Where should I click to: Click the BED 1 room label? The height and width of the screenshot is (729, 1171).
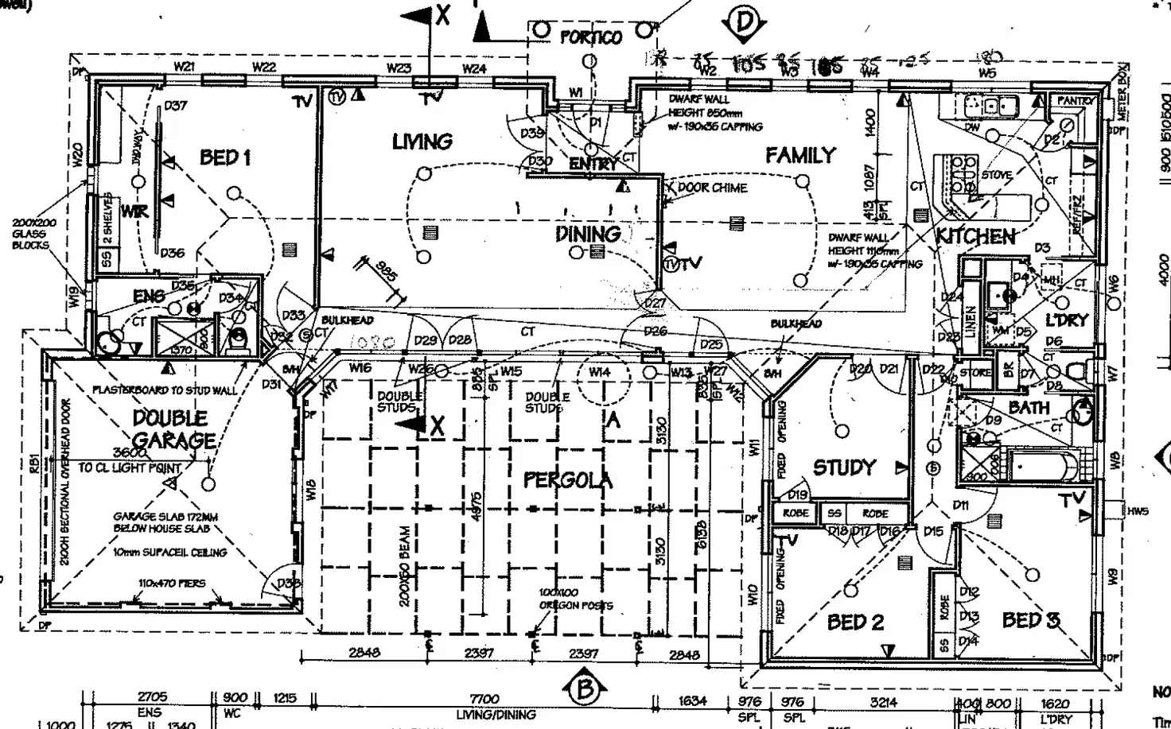(x=225, y=157)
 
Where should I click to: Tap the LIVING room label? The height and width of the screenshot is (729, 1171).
(x=422, y=142)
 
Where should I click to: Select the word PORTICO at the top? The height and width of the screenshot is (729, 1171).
(x=591, y=37)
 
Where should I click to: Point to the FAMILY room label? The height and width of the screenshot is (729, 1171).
(x=800, y=156)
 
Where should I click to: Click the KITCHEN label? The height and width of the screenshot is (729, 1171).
(x=975, y=237)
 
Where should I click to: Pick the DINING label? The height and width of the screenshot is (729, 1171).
(x=588, y=234)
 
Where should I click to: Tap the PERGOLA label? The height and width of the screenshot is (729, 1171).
(x=568, y=480)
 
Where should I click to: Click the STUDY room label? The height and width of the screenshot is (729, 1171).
(x=844, y=467)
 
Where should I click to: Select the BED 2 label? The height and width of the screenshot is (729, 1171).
(x=855, y=622)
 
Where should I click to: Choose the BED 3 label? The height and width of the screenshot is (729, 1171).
(x=1030, y=620)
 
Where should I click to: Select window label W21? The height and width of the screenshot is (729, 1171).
(x=184, y=67)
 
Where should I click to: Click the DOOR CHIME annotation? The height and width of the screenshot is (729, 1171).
(x=712, y=188)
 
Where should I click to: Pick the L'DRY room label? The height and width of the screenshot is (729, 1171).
(x=1067, y=320)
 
